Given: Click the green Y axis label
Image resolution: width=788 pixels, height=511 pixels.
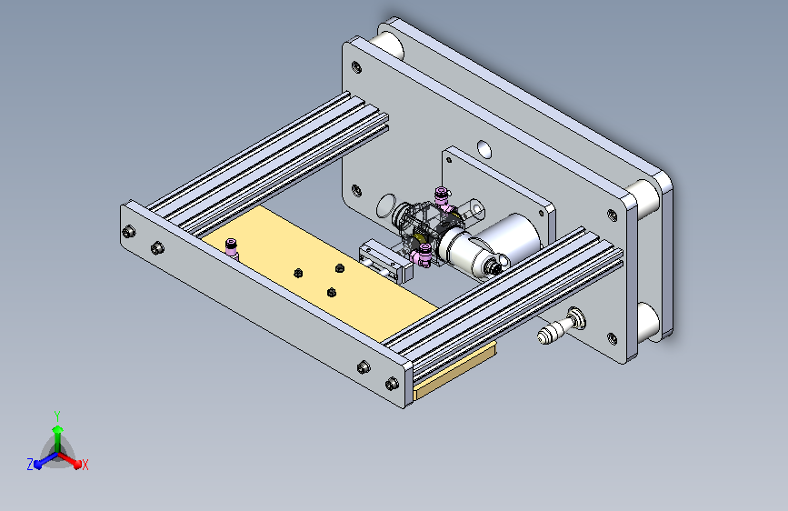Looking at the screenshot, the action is tap(57, 416).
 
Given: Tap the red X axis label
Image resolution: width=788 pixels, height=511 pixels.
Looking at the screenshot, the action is tap(85, 465).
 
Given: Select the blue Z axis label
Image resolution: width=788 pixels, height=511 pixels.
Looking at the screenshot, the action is tap(30, 465).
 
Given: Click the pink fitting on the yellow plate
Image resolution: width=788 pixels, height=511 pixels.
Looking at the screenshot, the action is tap(231, 248).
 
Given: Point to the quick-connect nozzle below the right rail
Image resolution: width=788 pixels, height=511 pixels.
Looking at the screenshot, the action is tap(561, 327).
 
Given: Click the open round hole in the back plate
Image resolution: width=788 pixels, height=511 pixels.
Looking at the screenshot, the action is tap(484, 149).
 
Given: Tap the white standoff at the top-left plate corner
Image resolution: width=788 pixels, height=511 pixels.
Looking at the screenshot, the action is tap(390, 45).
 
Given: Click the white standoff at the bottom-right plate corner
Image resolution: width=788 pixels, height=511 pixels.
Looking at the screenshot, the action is tap(648, 322).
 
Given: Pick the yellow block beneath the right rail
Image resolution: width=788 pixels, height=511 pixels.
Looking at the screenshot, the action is tap(454, 370).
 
